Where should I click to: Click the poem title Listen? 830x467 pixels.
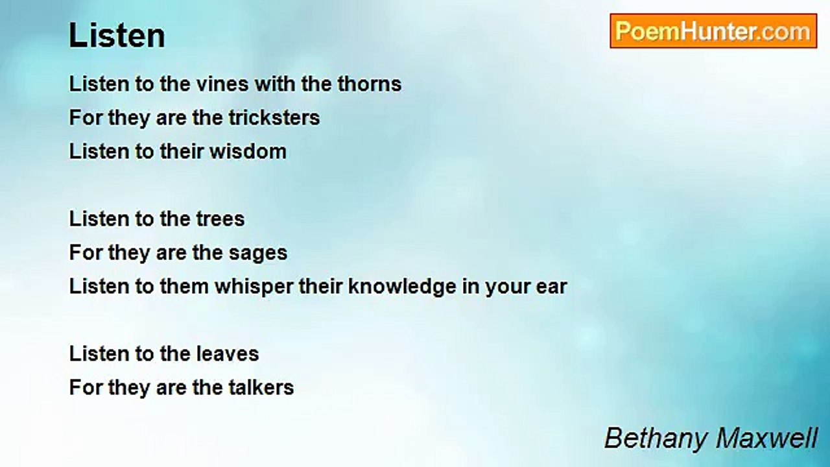(117, 36)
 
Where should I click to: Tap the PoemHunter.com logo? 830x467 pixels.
(713, 31)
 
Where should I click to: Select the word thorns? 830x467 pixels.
(370, 84)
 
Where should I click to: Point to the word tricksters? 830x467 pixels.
(274, 117)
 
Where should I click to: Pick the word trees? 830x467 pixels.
(220, 219)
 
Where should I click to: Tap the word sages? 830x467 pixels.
(258, 254)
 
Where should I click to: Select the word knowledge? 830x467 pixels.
(402, 287)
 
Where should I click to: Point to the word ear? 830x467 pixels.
(551, 287)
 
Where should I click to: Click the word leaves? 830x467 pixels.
(228, 353)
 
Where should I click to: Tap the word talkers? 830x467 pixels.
(261, 387)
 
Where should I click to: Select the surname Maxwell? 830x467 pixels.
(766, 438)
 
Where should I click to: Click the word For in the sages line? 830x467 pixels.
(86, 252)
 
